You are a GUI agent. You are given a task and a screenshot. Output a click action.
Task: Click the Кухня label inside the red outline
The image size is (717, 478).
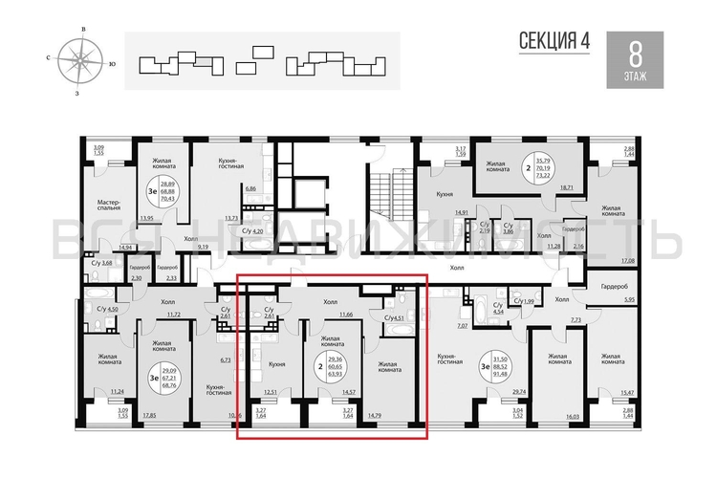pos(277,363)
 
